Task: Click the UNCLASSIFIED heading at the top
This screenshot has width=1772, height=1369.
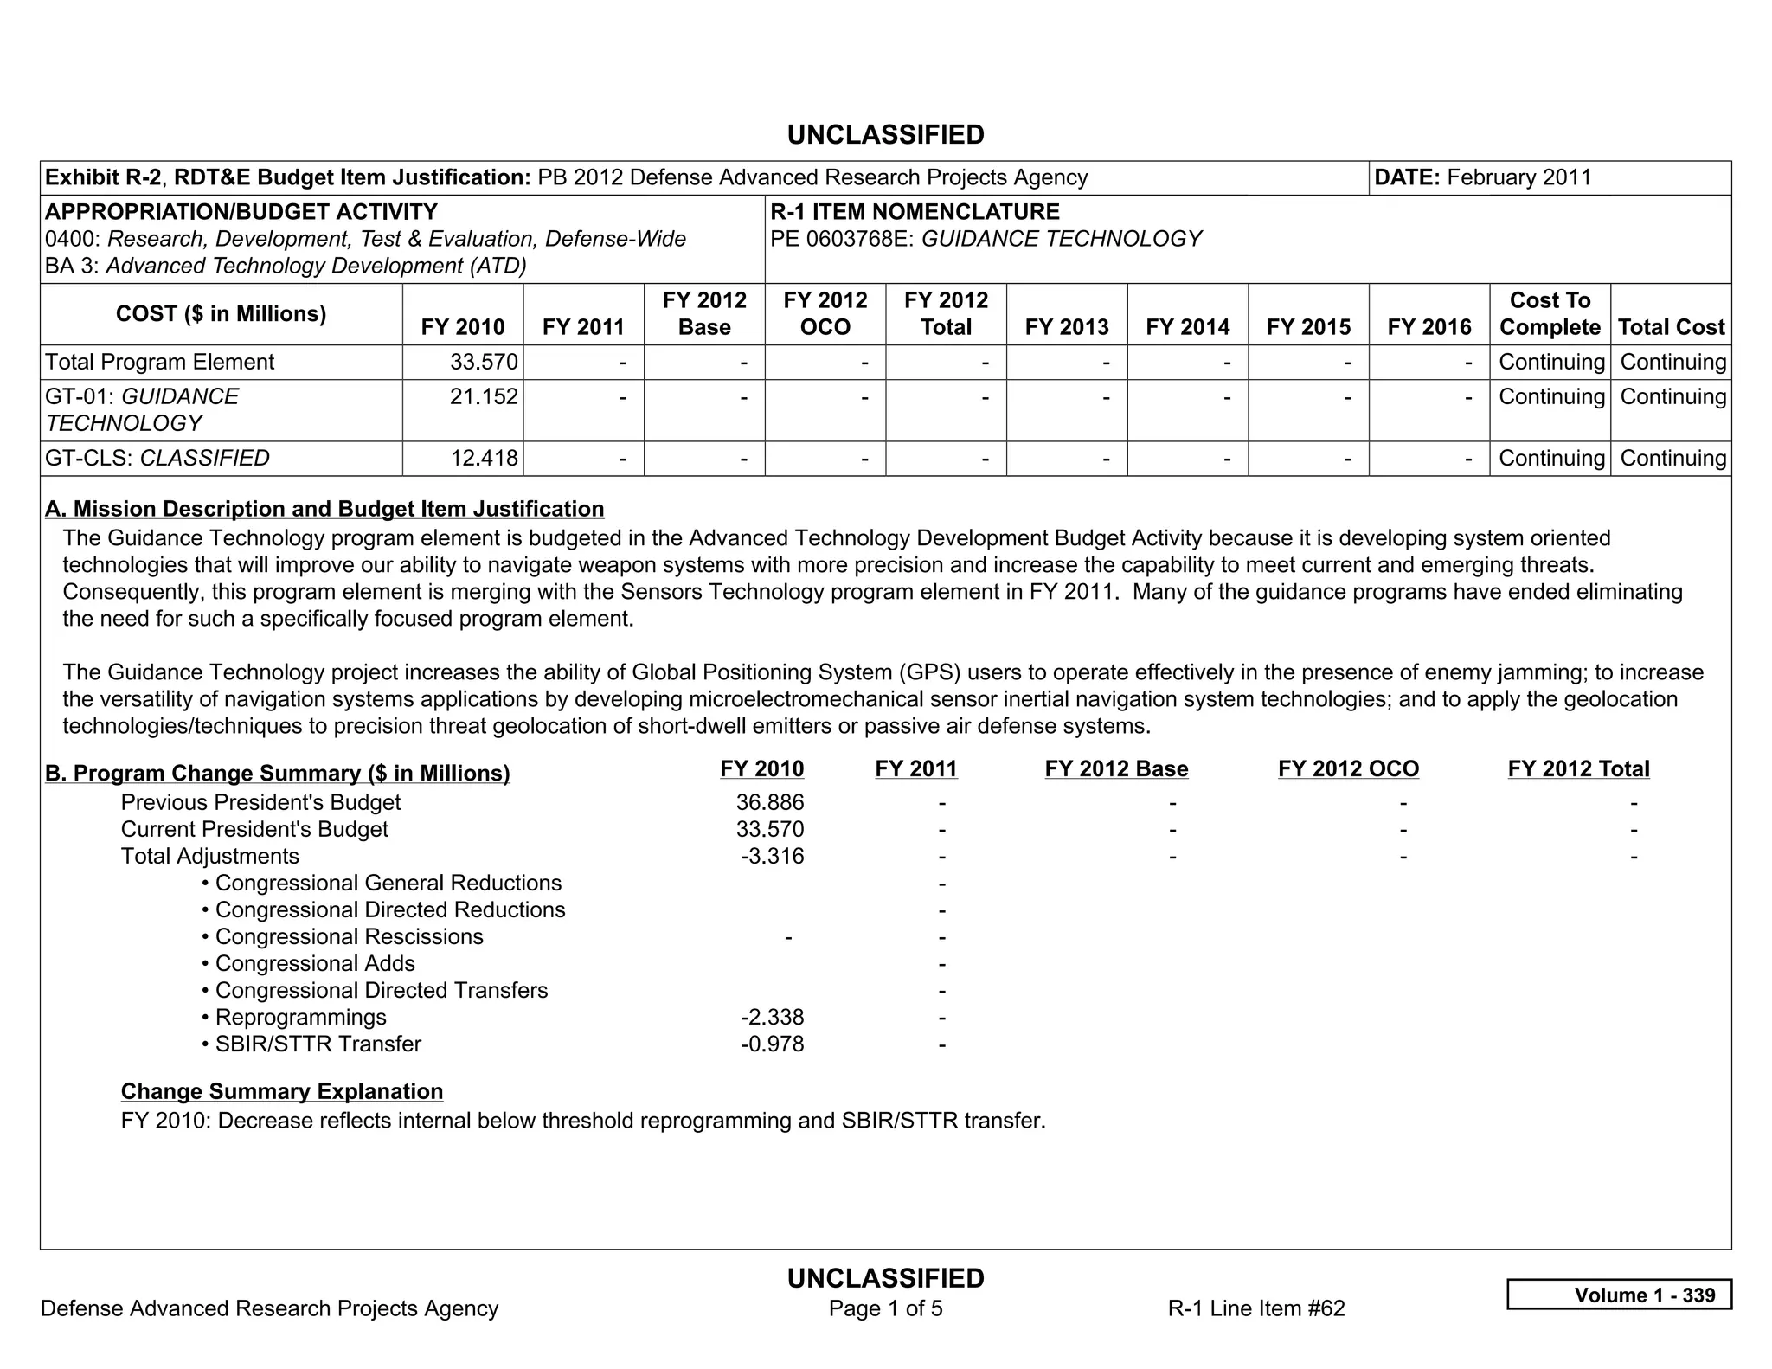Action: pyautogui.click(x=885, y=135)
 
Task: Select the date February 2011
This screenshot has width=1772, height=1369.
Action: pyautogui.click(x=1518, y=177)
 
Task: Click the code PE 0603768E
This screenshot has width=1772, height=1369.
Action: pyautogui.click(x=842, y=239)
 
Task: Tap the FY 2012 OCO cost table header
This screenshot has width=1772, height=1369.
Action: pyautogui.click(x=825, y=313)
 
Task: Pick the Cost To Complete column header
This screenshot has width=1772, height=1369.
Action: pyautogui.click(x=1549, y=313)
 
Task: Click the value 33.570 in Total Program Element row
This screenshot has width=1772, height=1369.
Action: pyautogui.click(x=484, y=362)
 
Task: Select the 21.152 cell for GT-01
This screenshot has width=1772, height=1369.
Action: pyautogui.click(x=484, y=396)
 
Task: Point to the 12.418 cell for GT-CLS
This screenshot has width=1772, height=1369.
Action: pyautogui.click(x=484, y=458)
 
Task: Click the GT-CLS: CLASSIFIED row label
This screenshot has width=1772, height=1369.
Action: pyautogui.click(x=157, y=458)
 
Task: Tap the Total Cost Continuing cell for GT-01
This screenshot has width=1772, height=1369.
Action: pyautogui.click(x=1672, y=396)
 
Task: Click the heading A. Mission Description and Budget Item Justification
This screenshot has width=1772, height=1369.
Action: pyautogui.click(x=324, y=509)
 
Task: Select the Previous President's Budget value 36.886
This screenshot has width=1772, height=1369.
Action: pyautogui.click(x=769, y=802)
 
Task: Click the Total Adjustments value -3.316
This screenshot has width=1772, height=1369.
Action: pyautogui.click(x=772, y=856)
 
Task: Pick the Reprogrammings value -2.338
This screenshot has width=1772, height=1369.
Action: pyautogui.click(x=772, y=1017)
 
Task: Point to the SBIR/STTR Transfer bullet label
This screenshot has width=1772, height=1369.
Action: pyautogui.click(x=318, y=1044)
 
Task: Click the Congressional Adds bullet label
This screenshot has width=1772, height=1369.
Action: pyautogui.click(x=315, y=963)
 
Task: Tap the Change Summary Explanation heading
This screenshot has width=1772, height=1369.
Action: pyautogui.click(x=282, y=1091)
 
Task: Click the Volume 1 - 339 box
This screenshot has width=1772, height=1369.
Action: pyautogui.click(x=1619, y=1295)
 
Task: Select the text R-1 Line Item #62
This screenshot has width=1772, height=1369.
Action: pyautogui.click(x=1255, y=1308)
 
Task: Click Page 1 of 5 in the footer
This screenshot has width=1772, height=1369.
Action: pyautogui.click(x=885, y=1308)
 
